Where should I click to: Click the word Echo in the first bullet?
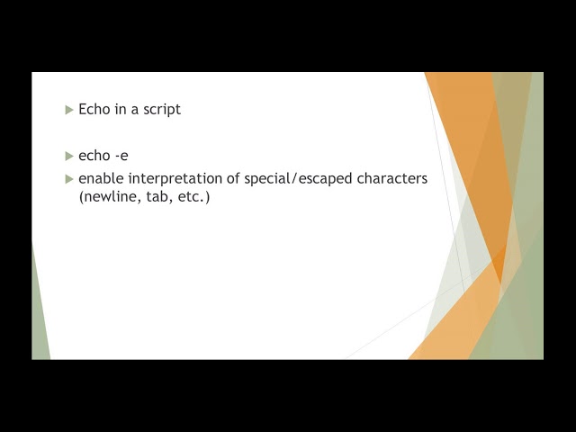pyautogui.click(x=94, y=109)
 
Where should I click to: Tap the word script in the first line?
pyautogui.click(x=161, y=109)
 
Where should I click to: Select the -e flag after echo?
pyautogui.click(x=121, y=156)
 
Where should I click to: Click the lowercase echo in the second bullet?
pyautogui.click(x=94, y=156)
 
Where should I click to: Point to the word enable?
pyautogui.click(x=100, y=178)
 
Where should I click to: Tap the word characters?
pyautogui.click(x=392, y=178)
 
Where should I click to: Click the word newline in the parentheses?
pyautogui.click(x=107, y=196)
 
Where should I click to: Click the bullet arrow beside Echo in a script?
pyautogui.click(x=69, y=110)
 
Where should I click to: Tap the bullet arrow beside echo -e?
pyautogui.click(x=69, y=157)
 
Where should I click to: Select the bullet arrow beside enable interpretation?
pyautogui.click(x=69, y=179)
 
